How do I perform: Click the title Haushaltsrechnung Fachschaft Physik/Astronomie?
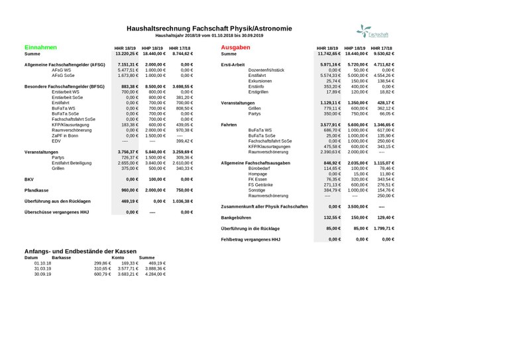pyautogui.click(x=208, y=29)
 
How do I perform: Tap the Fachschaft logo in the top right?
pyautogui.click(x=372, y=31)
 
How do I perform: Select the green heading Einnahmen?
pyautogui.click(x=40, y=48)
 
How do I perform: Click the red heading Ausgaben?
pyautogui.click(x=235, y=48)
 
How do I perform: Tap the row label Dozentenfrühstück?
pyautogui.click(x=266, y=70)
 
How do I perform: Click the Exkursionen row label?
pyautogui.click(x=260, y=81)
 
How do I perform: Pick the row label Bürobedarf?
pyautogui.click(x=259, y=168)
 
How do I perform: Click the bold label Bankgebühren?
pyautogui.click(x=238, y=217)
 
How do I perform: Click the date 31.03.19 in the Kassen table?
pyautogui.click(x=33, y=268)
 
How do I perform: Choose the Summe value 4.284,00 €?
pyautogui.click(x=152, y=274)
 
